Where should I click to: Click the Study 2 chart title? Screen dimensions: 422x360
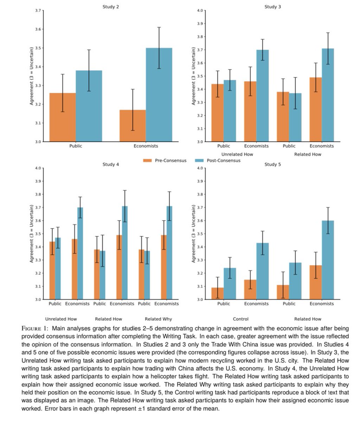point(110,7)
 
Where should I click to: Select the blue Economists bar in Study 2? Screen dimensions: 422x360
point(159,95)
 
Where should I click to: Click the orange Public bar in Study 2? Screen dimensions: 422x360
point(63,117)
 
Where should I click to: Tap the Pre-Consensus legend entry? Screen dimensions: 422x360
point(165,160)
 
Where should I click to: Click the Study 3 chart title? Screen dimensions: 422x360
point(272,7)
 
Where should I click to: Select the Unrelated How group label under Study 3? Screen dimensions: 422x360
point(237,154)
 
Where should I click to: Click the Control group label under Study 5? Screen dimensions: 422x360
point(240,319)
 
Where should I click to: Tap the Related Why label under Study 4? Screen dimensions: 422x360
point(158,319)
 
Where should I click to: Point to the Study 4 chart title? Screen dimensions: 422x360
point(110,164)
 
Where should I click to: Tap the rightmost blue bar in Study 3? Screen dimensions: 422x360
point(328,95)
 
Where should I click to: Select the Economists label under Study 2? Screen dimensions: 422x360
point(146,146)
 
